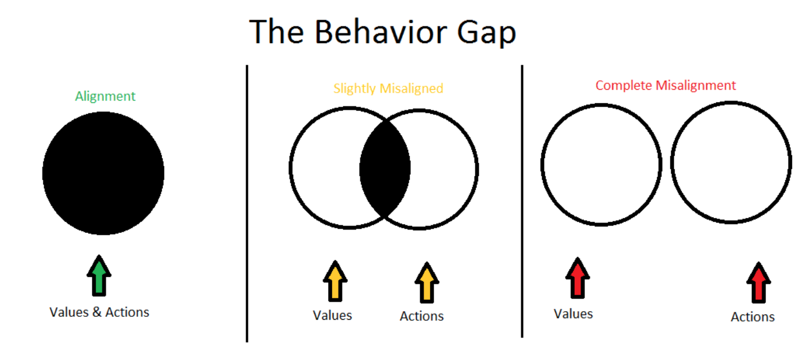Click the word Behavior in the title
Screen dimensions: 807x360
(381, 32)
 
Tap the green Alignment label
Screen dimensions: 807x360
(105, 97)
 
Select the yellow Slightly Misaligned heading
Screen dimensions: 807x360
(388, 89)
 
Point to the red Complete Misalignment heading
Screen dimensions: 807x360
(666, 86)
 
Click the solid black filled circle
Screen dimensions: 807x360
(103, 173)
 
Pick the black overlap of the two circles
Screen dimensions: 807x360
(385, 168)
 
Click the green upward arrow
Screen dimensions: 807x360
(99, 275)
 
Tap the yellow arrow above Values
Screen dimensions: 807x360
(335, 281)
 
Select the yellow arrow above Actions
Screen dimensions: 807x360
(427, 282)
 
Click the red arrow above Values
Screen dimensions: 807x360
(578, 278)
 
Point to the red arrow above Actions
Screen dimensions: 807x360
(758, 282)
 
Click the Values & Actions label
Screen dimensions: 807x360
(99, 312)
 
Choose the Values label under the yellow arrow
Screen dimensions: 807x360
(332, 316)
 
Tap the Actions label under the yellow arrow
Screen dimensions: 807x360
(421, 316)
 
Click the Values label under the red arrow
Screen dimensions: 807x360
(573, 314)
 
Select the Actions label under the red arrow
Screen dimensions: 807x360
(752, 317)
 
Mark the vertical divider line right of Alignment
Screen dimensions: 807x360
(247, 204)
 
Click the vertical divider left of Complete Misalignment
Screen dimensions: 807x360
(522, 201)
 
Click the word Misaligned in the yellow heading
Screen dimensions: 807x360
(411, 89)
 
